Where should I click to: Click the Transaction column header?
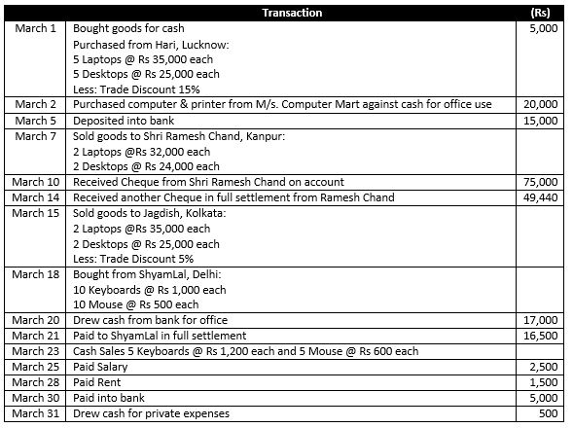coord(292,13)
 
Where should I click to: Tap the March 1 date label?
coord(38,28)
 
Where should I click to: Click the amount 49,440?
coord(540,197)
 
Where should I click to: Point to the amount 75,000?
coord(540,182)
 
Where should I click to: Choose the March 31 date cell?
coord(38,414)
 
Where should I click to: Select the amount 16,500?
coord(540,336)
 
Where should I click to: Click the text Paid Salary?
coord(104,367)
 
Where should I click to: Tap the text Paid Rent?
coord(100,382)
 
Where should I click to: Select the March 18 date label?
coord(38,274)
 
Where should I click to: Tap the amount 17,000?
coord(540,320)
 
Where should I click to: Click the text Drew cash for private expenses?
coord(151,414)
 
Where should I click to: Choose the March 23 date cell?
coord(38,351)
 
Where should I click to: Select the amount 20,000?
coord(540,105)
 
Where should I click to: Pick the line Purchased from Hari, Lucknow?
coord(146,44)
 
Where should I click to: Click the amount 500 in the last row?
coord(548,414)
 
